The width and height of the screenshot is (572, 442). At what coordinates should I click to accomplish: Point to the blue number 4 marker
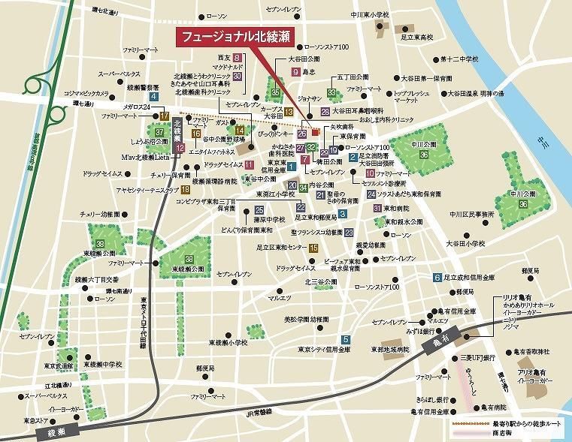pyautogui.click(x=153, y=97)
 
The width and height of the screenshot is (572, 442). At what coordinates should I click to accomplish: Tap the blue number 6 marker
pyautogui.click(x=437, y=278)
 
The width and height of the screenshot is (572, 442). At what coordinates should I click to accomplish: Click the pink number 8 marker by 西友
pyautogui.click(x=237, y=58)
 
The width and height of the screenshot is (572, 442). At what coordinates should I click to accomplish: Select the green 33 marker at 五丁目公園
pyautogui.click(x=331, y=93)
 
